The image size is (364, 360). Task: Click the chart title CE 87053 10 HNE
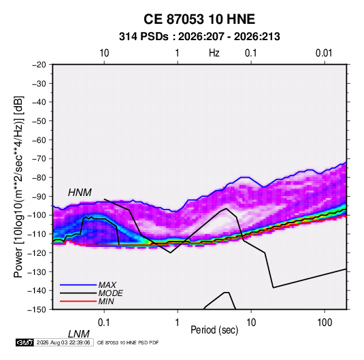coord(199,19)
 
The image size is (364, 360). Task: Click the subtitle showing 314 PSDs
coord(199,37)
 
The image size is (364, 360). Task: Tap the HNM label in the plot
coord(80,193)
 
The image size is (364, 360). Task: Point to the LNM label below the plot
coord(78,334)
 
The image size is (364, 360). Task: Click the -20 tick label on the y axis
coord(39,65)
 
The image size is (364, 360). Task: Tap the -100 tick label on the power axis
coord(37,215)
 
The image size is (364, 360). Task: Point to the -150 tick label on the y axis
coord(37,310)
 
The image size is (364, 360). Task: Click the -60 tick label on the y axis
coord(39,140)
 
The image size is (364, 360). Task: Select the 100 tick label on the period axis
coord(325,323)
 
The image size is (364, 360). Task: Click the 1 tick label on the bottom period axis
coord(178,323)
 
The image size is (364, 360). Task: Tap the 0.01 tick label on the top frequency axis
coord(324,53)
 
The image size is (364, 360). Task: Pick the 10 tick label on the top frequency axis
coord(104,53)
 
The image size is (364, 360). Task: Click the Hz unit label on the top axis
coord(214,53)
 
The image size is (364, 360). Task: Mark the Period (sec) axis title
coord(214,330)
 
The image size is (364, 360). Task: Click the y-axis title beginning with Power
coord(19,187)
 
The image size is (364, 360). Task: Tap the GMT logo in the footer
coord(25,342)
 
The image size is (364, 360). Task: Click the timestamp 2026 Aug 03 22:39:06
coord(63,342)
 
